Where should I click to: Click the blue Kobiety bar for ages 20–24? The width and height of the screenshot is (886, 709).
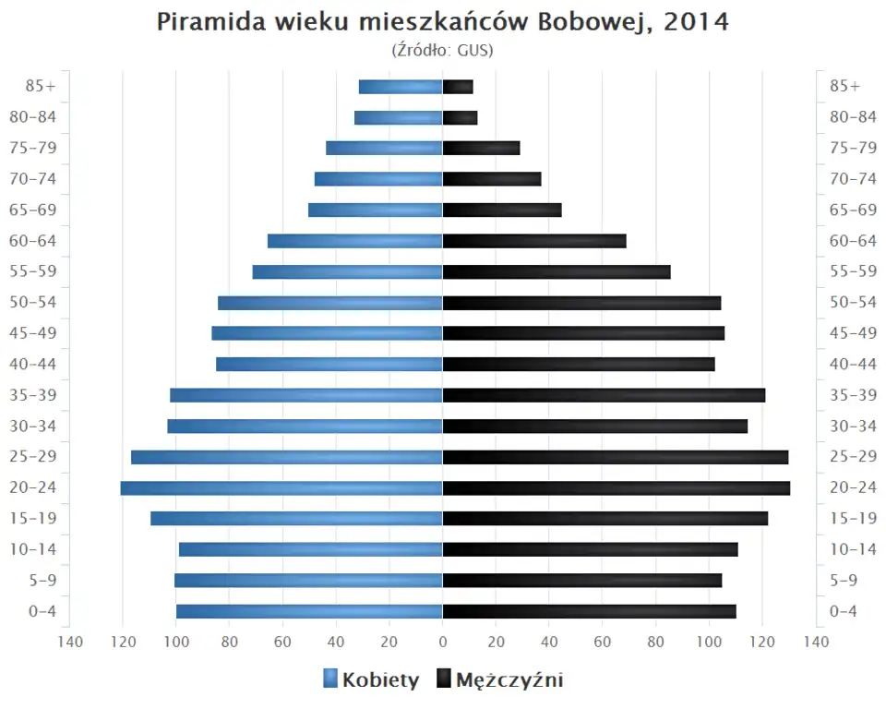pyautogui.click(x=281, y=487)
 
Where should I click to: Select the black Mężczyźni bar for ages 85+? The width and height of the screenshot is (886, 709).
pyautogui.click(x=458, y=87)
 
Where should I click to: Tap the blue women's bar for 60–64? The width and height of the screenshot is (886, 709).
pyautogui.click(x=355, y=241)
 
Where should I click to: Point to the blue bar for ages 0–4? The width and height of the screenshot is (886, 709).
pyautogui.click(x=309, y=611)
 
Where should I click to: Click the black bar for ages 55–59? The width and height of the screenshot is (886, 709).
pyautogui.click(x=557, y=271)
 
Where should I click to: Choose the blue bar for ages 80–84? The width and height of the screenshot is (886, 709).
pyautogui.click(x=399, y=117)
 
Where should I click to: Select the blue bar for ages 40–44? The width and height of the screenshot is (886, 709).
pyautogui.click(x=329, y=364)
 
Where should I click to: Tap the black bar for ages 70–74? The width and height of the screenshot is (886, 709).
pyautogui.click(x=492, y=179)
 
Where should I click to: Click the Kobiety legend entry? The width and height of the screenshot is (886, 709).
pyautogui.click(x=371, y=680)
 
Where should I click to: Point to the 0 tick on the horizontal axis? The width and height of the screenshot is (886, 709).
pyautogui.click(x=443, y=643)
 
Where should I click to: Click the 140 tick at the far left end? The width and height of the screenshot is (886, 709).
pyautogui.click(x=69, y=643)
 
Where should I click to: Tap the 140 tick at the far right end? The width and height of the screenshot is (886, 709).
pyautogui.click(x=816, y=643)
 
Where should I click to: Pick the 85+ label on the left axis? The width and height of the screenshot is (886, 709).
pyautogui.click(x=42, y=86)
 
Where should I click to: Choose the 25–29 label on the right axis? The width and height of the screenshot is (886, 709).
pyautogui.click(x=853, y=457)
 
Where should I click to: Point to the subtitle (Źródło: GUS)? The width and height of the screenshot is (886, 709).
pyautogui.click(x=443, y=51)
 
